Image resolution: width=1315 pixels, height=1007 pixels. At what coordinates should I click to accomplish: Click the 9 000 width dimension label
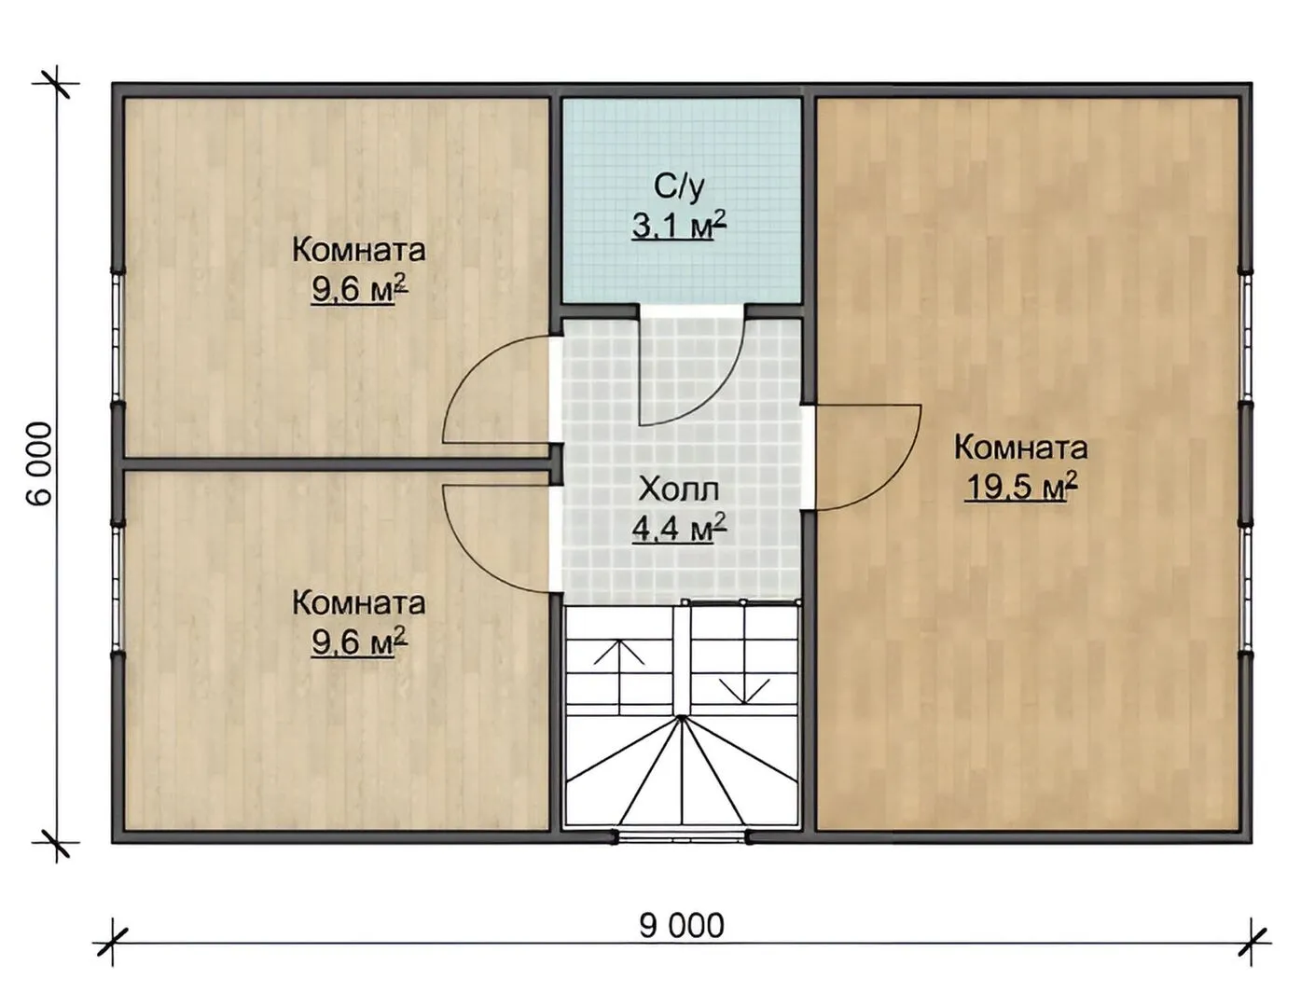[x=682, y=926]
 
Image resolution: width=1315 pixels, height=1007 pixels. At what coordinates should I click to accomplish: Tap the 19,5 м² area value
[x=1021, y=488]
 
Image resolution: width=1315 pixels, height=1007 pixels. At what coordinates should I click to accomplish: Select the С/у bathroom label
[x=679, y=186]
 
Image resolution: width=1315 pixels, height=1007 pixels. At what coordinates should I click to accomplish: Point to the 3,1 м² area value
[x=679, y=226]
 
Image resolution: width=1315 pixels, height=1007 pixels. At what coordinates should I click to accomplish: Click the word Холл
[x=679, y=489]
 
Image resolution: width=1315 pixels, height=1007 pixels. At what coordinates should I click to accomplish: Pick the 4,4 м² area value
[x=679, y=529]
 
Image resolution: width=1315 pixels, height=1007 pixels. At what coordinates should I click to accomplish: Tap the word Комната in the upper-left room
[x=359, y=250]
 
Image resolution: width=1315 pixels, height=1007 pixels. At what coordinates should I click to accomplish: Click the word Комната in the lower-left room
[x=359, y=603]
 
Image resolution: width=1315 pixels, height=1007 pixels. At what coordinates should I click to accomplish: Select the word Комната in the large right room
[x=1021, y=448]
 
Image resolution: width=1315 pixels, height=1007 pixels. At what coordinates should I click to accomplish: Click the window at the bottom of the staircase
[x=682, y=837]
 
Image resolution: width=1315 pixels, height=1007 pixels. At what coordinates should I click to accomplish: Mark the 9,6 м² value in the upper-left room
[x=359, y=290]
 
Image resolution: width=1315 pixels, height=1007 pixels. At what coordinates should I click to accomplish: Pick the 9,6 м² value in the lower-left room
[x=359, y=643]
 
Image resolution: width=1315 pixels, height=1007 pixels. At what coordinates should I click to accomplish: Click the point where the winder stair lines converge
[x=682, y=717]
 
